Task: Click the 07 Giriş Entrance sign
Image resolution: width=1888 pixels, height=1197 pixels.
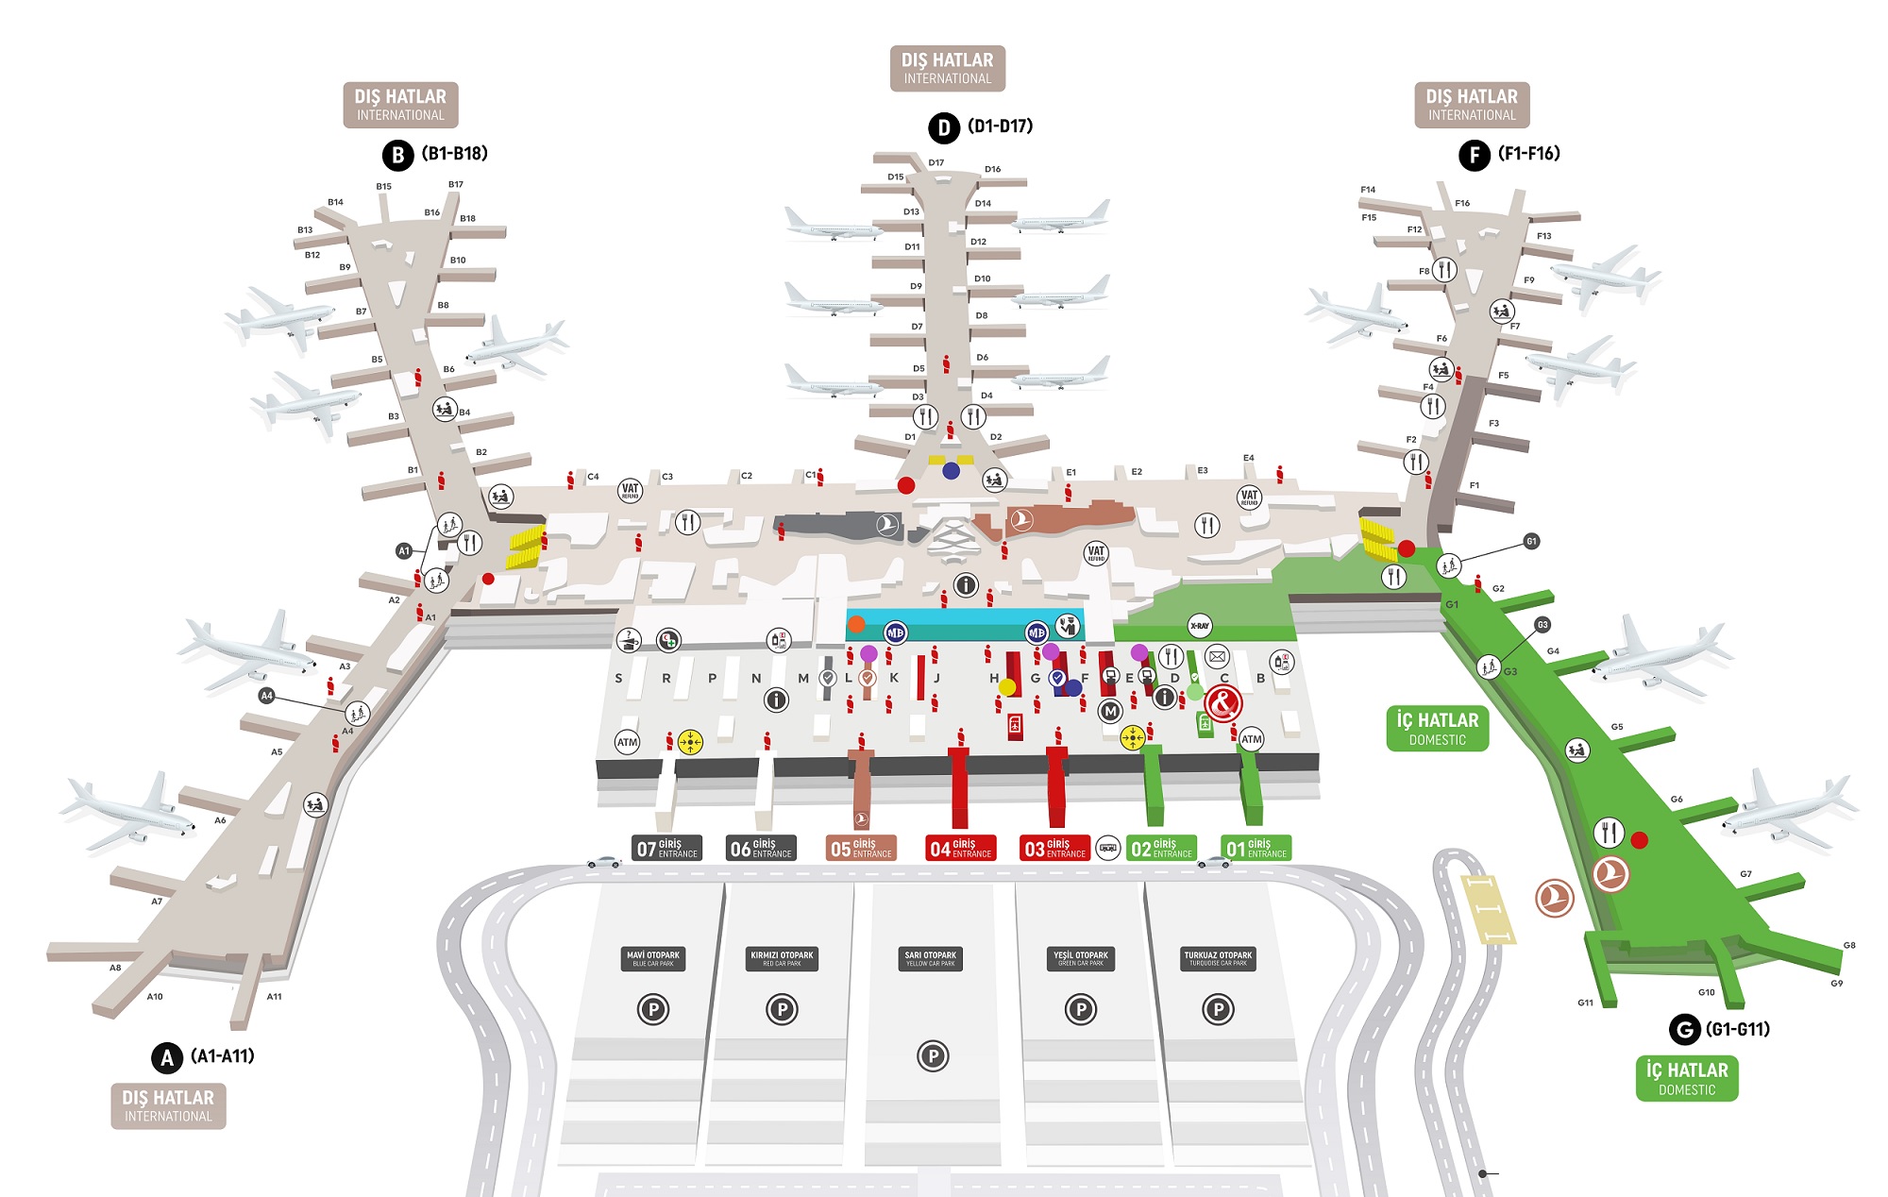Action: [x=666, y=848]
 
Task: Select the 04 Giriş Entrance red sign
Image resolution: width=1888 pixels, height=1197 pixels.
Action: [x=960, y=848]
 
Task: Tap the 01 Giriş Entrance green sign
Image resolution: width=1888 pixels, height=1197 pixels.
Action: [x=1256, y=848]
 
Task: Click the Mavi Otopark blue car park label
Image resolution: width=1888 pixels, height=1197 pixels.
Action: [x=653, y=958]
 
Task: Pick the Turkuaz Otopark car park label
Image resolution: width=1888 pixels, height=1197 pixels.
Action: [x=1218, y=958]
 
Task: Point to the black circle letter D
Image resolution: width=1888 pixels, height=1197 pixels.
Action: [x=943, y=127]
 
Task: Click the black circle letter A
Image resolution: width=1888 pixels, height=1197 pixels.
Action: [x=167, y=1057]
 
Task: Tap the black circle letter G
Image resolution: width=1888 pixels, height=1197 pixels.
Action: [x=1684, y=1029]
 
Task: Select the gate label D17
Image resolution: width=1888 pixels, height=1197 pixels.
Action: [x=936, y=162]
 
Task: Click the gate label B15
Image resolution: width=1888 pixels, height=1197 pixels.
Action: [x=383, y=186]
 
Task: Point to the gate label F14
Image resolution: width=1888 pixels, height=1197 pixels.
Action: [x=1368, y=190]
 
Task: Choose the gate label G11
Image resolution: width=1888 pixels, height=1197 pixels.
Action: [x=1585, y=1003]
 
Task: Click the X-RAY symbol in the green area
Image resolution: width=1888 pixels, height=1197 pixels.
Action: [x=1200, y=626]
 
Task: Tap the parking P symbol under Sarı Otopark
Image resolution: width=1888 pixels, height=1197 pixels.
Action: [x=933, y=1055]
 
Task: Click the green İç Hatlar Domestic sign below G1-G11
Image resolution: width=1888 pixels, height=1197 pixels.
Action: [x=1687, y=1078]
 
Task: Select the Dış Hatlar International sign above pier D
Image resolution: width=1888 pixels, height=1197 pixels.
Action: [x=947, y=68]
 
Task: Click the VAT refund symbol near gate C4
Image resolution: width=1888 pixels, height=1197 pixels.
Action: [x=630, y=491]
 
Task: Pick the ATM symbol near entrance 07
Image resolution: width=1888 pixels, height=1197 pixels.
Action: [x=627, y=742]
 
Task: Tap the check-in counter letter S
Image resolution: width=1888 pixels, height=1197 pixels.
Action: [x=618, y=678]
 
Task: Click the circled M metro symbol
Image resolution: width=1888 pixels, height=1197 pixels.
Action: [x=1110, y=711]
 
